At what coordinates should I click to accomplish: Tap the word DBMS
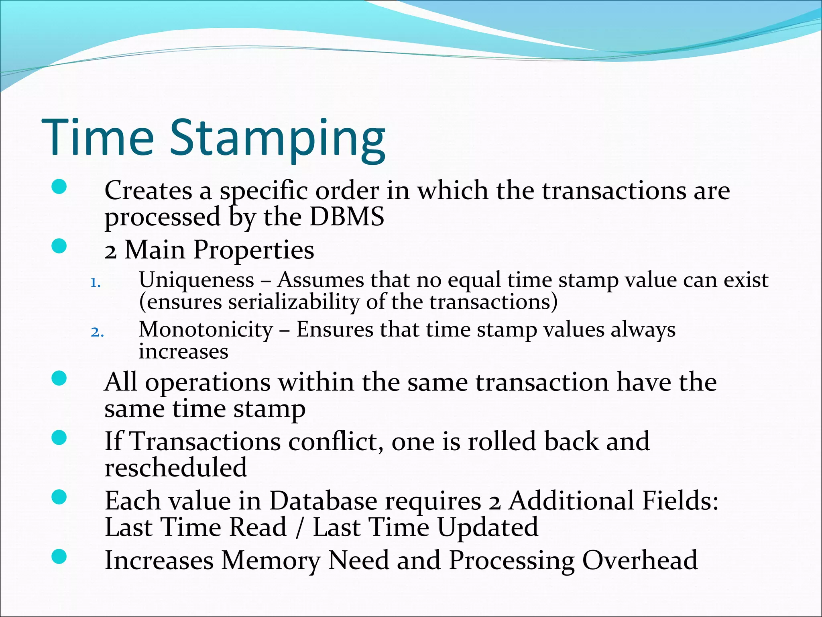347,217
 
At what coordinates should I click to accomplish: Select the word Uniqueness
196,280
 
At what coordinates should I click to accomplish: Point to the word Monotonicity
205,330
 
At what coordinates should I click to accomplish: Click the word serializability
294,302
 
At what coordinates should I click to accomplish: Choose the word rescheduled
175,467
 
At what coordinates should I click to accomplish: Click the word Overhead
640,560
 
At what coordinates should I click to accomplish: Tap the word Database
323,501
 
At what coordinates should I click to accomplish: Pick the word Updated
487,527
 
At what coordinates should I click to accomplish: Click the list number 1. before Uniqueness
95,283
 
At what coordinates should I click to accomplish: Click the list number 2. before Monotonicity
97,333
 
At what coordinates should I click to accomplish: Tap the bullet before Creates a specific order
59,187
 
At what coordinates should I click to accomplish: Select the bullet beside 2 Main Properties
59,246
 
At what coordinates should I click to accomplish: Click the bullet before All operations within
59,378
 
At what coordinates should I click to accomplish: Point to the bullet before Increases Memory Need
59,556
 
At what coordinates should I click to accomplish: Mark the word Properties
254,250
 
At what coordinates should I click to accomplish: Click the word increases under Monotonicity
183,352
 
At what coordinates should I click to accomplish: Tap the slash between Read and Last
299,528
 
